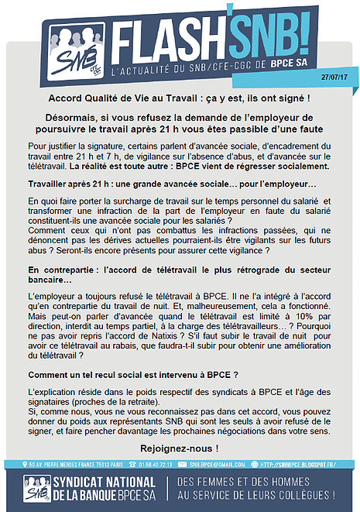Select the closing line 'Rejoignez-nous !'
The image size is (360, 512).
tap(180, 448)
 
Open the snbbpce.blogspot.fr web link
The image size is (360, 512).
tap(303, 465)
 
